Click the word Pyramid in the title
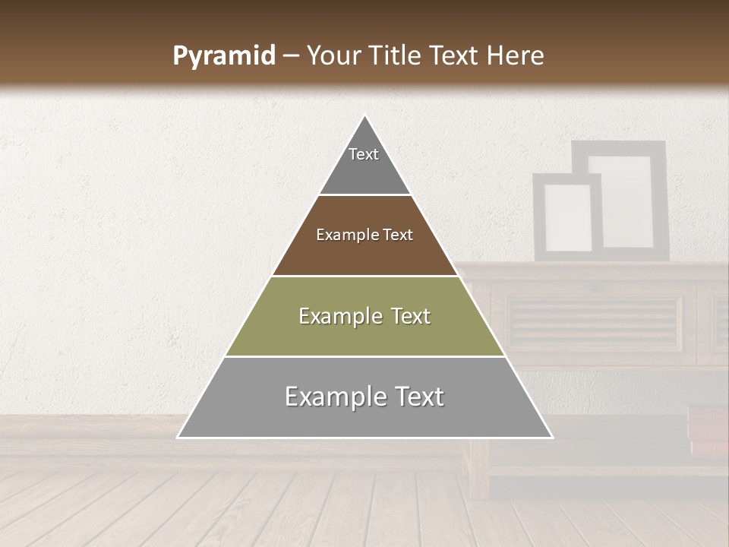tap(224, 56)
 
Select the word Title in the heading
tap(400, 56)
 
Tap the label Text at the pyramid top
tap(364, 154)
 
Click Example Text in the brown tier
tap(364, 235)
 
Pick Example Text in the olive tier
tap(364, 316)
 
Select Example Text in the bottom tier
tap(364, 397)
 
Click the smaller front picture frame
tap(567, 217)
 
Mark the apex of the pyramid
tap(365, 116)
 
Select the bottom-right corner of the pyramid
tap(551, 437)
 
